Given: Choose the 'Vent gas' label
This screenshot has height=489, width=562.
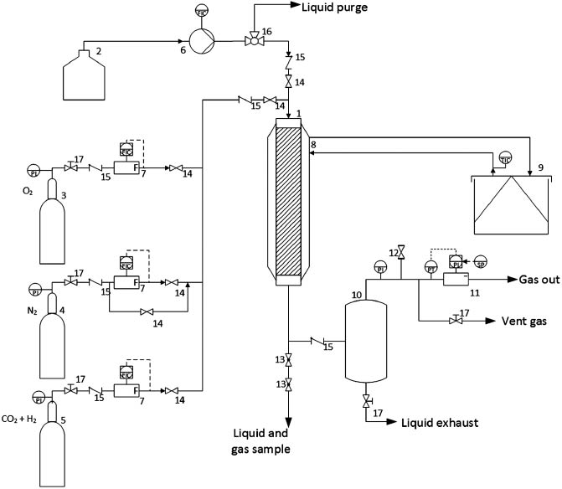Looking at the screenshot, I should click(x=524, y=322).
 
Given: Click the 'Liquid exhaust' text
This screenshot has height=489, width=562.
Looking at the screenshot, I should click(x=440, y=423).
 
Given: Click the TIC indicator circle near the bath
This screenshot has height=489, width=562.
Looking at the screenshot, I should click(x=505, y=157).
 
